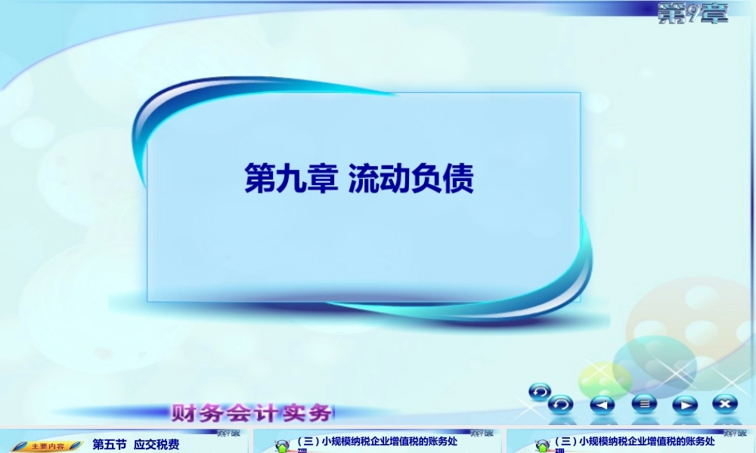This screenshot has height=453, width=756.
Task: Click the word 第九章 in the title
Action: tap(291, 180)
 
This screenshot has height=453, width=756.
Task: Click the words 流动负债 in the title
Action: tap(411, 180)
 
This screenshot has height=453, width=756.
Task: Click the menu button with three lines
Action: tap(644, 404)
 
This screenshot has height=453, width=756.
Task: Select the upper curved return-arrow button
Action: tap(540, 391)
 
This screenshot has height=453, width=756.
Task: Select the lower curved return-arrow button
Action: tap(560, 405)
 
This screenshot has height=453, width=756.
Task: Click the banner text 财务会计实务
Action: tap(253, 413)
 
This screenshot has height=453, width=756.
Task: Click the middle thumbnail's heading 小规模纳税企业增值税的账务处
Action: tap(378, 441)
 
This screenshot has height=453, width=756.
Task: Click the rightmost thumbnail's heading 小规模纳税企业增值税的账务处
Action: tap(635, 441)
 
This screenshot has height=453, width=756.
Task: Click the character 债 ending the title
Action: tap(459, 180)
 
